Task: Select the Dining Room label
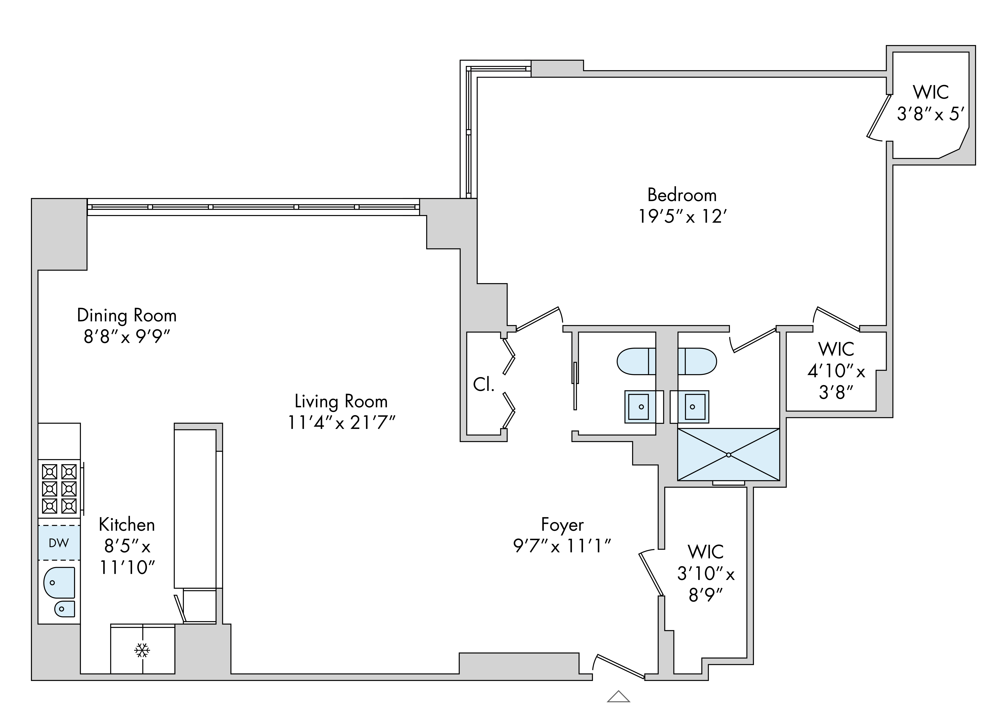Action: pos(127,315)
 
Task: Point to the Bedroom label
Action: pos(682,195)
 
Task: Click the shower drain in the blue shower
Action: pos(729,455)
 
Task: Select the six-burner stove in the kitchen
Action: pos(59,488)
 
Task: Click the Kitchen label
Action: pos(127,525)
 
